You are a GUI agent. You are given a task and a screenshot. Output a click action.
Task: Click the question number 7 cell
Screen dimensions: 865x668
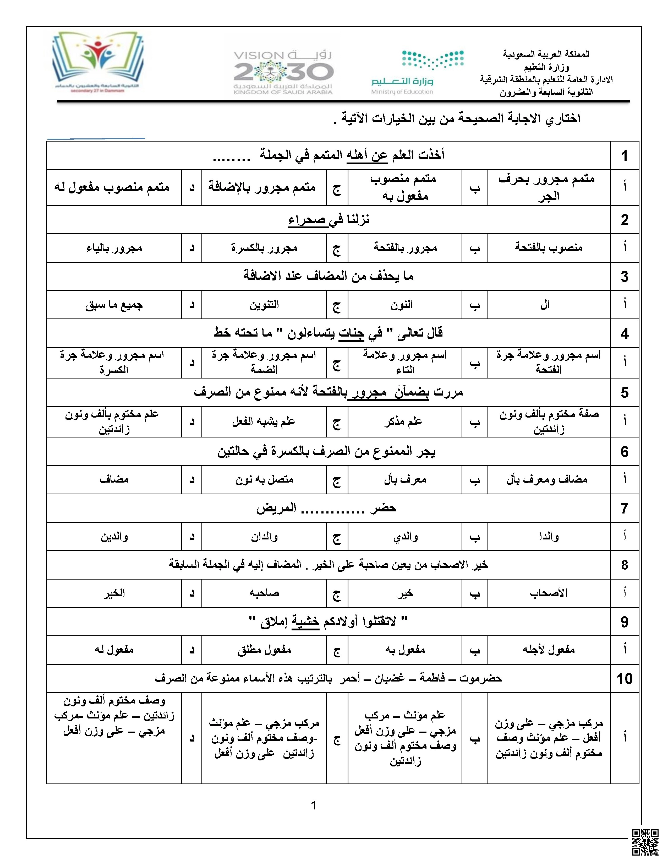coord(624,508)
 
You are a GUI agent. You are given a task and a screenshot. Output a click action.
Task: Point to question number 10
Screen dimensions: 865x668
coord(624,678)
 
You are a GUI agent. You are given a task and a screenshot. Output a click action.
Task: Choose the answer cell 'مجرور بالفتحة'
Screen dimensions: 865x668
coord(405,248)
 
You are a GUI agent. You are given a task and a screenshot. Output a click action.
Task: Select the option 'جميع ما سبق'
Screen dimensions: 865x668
coord(114,305)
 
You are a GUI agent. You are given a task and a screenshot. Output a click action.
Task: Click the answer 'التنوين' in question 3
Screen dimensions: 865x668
coord(264,305)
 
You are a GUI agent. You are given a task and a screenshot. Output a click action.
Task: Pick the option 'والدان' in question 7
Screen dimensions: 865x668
coord(264,537)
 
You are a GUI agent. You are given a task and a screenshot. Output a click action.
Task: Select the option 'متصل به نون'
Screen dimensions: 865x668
coord(264,480)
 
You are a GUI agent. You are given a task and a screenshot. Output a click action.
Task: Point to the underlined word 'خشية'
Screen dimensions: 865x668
coord(305,622)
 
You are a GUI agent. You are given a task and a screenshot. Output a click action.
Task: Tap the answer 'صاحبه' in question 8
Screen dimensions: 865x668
coord(264,593)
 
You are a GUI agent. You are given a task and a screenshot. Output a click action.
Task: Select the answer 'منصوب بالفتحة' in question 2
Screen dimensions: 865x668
coord(549,248)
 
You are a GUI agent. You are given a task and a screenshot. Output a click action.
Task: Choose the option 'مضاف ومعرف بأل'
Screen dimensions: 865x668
coord(547,480)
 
